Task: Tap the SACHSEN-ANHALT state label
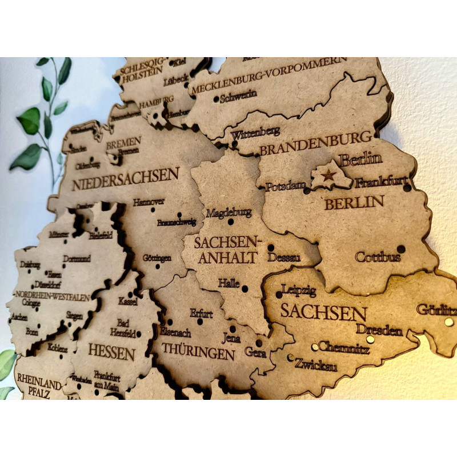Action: (227, 250)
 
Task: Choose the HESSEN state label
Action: (111, 352)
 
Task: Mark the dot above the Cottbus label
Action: (400, 249)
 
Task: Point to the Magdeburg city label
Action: (228, 213)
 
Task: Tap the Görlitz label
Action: (436, 310)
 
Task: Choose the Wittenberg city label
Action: (255, 132)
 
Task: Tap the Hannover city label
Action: (149, 202)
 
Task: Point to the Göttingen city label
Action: (157, 258)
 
